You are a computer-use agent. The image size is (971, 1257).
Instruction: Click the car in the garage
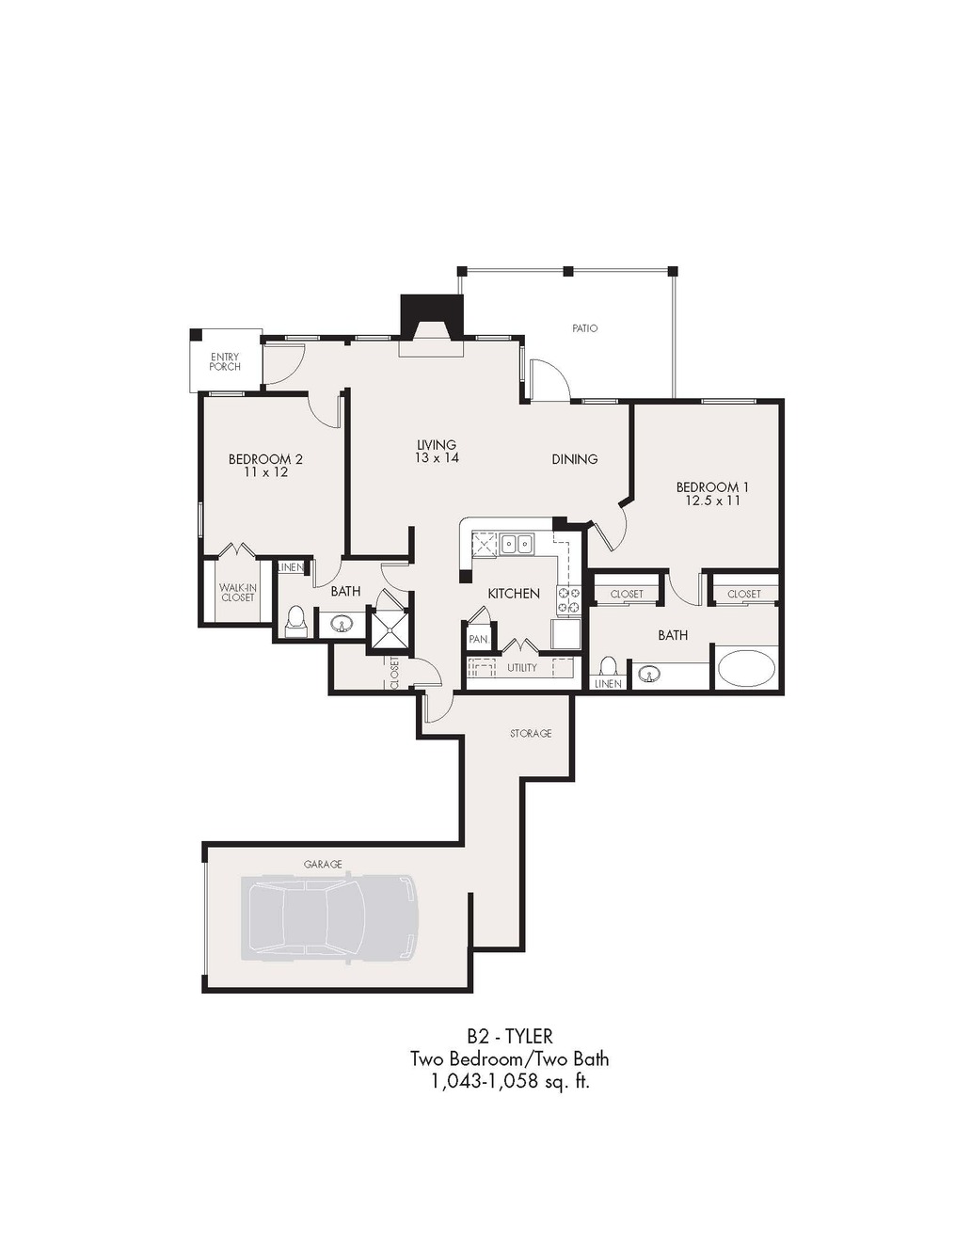tap(328, 919)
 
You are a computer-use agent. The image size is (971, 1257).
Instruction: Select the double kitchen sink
tap(517, 545)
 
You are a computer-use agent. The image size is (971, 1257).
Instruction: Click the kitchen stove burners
tap(568, 600)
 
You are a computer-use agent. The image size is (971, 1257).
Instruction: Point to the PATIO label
tap(584, 328)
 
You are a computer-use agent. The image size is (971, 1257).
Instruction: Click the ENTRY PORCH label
tap(225, 361)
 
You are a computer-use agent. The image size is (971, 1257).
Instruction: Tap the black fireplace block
tap(433, 315)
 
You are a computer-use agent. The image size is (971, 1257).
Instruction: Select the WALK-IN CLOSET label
tap(238, 593)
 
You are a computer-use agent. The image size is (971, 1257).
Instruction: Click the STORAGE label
tap(531, 734)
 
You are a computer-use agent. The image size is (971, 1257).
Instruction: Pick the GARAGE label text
tap(323, 865)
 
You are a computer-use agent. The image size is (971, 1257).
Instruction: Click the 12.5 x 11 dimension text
tap(712, 501)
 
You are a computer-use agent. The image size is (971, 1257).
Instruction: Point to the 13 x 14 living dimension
tap(437, 457)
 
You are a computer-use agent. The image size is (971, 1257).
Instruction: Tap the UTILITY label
tap(522, 668)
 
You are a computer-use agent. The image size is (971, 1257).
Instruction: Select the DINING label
tap(574, 459)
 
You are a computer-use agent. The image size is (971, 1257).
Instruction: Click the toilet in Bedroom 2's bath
tap(296, 621)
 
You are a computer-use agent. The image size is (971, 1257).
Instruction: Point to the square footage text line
tap(510, 1083)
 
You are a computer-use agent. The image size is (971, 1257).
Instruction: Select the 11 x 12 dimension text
tap(265, 472)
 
